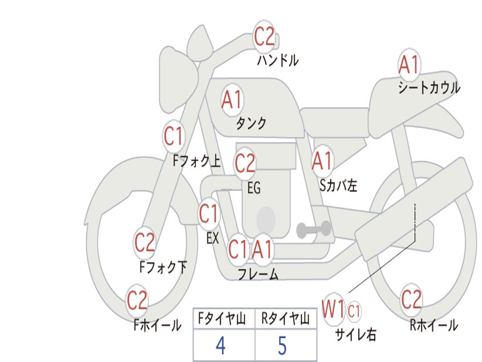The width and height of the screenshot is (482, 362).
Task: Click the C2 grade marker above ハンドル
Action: click(x=264, y=37)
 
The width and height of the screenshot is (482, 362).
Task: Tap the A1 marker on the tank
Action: click(x=232, y=100)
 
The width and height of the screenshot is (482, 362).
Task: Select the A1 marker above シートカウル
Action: click(x=410, y=65)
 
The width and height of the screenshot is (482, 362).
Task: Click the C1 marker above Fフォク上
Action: click(x=173, y=136)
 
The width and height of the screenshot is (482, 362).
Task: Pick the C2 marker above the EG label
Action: click(x=245, y=163)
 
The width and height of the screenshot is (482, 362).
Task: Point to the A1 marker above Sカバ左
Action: click(x=322, y=161)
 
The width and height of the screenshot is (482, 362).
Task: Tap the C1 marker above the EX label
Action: click(x=209, y=214)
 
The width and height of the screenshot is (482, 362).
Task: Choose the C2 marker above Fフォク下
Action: click(x=145, y=243)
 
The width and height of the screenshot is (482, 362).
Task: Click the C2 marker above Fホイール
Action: click(x=137, y=300)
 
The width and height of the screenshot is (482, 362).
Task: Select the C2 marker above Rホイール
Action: click(x=411, y=299)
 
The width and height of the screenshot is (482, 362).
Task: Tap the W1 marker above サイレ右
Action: click(x=333, y=309)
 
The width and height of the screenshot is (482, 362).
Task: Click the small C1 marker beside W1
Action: click(x=354, y=311)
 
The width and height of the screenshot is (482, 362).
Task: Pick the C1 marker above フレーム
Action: click(x=238, y=249)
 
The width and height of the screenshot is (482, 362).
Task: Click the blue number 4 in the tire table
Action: click(x=221, y=346)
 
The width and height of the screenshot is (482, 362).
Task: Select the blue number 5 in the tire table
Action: click(x=282, y=346)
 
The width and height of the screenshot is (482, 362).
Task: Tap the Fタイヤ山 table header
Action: click(x=222, y=319)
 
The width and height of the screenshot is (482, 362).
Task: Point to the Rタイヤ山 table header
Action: click(x=286, y=319)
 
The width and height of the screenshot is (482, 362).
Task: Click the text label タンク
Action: click(x=251, y=123)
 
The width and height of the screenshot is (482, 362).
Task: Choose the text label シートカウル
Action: click(x=429, y=87)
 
